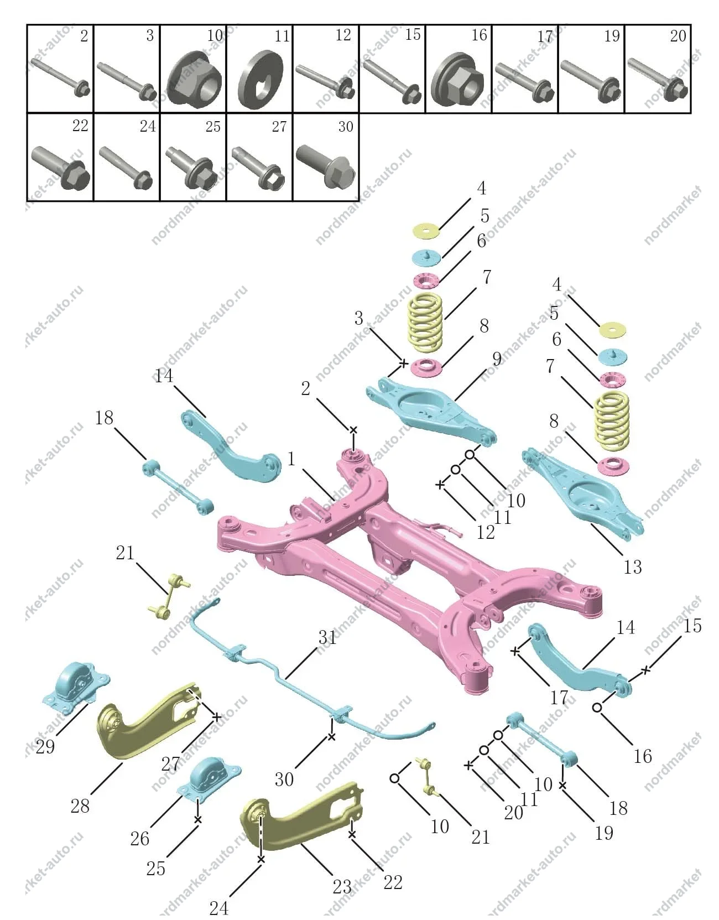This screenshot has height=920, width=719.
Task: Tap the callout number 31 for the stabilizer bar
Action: pyautogui.click(x=327, y=638)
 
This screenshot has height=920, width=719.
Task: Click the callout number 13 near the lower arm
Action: pyautogui.click(x=632, y=567)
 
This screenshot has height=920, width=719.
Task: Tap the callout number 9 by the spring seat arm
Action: pyautogui.click(x=497, y=358)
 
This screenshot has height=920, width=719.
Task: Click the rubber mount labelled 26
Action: pyautogui.click(x=209, y=779)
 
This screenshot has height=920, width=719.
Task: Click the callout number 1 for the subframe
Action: pyautogui.click(x=291, y=459)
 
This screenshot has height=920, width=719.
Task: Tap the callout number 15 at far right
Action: pyautogui.click(x=692, y=626)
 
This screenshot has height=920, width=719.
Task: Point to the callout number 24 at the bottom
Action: pyautogui.click(x=219, y=908)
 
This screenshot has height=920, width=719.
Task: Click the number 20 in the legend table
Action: pyautogui.click(x=678, y=36)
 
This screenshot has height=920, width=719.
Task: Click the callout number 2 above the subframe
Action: pyautogui.click(x=305, y=389)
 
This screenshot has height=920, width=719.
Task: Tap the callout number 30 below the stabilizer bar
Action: pyautogui.click(x=284, y=779)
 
